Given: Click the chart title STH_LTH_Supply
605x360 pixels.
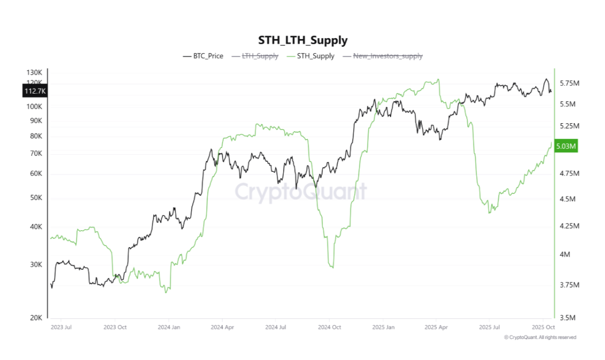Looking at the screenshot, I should pyautogui.click(x=302, y=40).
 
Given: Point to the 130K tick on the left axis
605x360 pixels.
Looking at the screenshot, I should pyautogui.click(x=34, y=73).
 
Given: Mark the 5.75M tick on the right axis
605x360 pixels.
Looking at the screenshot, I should pyautogui.click(x=569, y=83).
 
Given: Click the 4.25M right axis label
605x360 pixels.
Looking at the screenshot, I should pyautogui.click(x=569, y=225).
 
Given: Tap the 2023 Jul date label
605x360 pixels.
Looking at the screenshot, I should pyautogui.click(x=61, y=327).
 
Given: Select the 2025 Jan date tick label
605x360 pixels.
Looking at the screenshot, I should pyautogui.click(x=383, y=327).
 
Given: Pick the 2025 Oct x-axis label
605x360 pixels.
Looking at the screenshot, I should pyautogui.click(x=543, y=327).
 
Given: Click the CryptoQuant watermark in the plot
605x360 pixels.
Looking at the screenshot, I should pyautogui.click(x=301, y=192).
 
